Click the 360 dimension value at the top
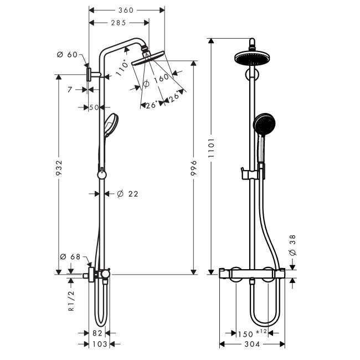coord(126,11)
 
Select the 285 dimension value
coord(119,23)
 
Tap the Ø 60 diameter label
coord(67,55)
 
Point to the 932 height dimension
coord(59,168)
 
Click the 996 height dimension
coord(194,168)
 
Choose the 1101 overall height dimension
coord(211,148)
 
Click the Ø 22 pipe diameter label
coord(127,194)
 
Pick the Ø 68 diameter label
coord(70,256)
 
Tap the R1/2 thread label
coord(72,301)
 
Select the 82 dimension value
coord(97,333)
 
